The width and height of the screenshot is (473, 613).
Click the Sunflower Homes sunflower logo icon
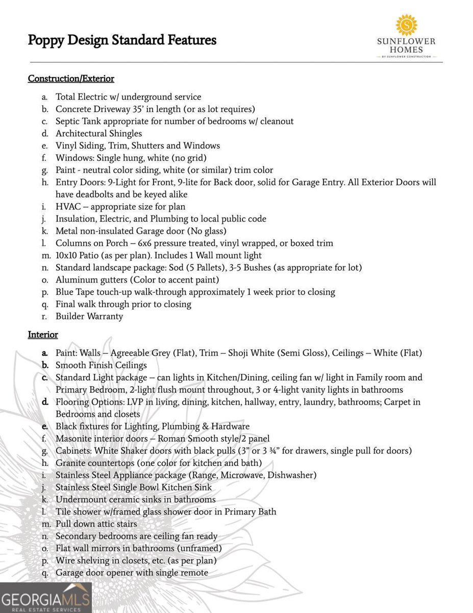407,25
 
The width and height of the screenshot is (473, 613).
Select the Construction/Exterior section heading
71,79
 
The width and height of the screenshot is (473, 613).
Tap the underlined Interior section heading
43,335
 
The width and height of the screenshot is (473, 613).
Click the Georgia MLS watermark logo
46,598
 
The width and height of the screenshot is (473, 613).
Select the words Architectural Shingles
99,134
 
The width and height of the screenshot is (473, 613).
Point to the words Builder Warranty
89,317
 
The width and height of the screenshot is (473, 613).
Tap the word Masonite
74,438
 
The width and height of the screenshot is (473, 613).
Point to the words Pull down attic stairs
96,524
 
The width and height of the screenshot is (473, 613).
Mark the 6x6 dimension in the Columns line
144,243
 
